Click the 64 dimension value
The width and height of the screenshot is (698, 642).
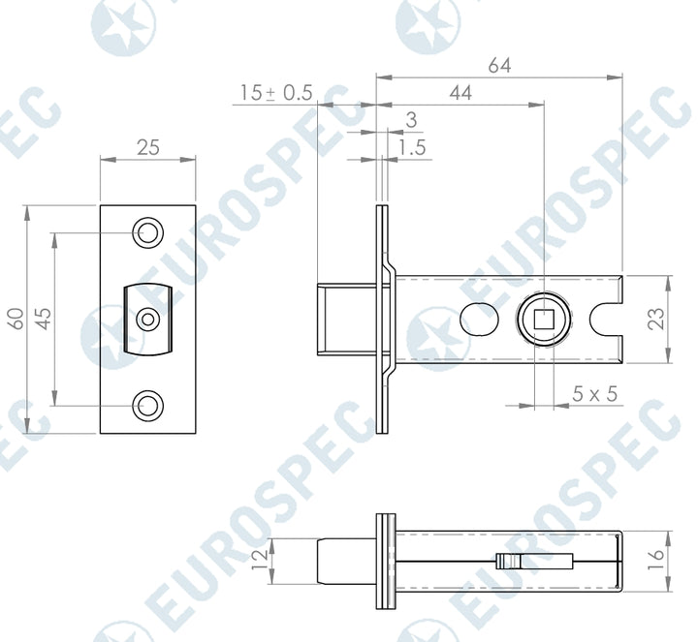pyautogui.click(x=499, y=65)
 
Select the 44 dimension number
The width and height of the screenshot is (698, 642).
pyautogui.click(x=460, y=93)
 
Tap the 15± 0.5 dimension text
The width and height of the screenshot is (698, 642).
pyautogui.click(x=276, y=93)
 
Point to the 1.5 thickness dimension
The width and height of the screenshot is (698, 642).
pyautogui.click(x=412, y=147)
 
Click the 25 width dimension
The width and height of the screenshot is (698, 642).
pyautogui.click(x=147, y=147)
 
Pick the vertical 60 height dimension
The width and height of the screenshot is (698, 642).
pyautogui.click(x=16, y=319)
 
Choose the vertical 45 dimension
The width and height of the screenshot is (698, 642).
pyautogui.click(x=44, y=319)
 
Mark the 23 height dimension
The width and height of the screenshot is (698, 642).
pyautogui.click(x=656, y=319)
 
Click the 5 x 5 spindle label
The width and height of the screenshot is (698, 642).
pyautogui.click(x=594, y=394)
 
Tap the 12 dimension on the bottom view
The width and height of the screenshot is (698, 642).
pyautogui.click(x=259, y=561)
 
